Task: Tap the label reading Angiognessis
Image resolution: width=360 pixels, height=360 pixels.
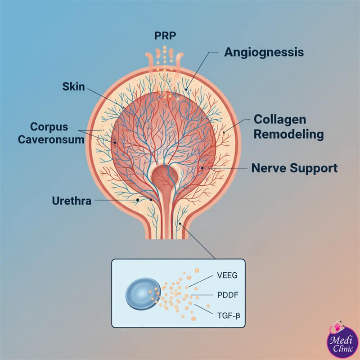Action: click(264, 52)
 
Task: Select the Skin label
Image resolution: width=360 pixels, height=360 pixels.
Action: click(73, 86)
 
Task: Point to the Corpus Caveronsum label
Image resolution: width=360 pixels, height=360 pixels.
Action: click(51, 132)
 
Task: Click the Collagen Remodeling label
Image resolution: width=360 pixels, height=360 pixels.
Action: click(288, 126)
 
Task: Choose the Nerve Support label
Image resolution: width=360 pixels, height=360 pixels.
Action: click(294, 169)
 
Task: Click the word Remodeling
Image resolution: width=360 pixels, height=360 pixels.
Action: click(288, 134)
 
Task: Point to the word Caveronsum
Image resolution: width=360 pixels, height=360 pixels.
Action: click(51, 139)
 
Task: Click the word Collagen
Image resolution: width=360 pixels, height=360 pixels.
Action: click(279, 119)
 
